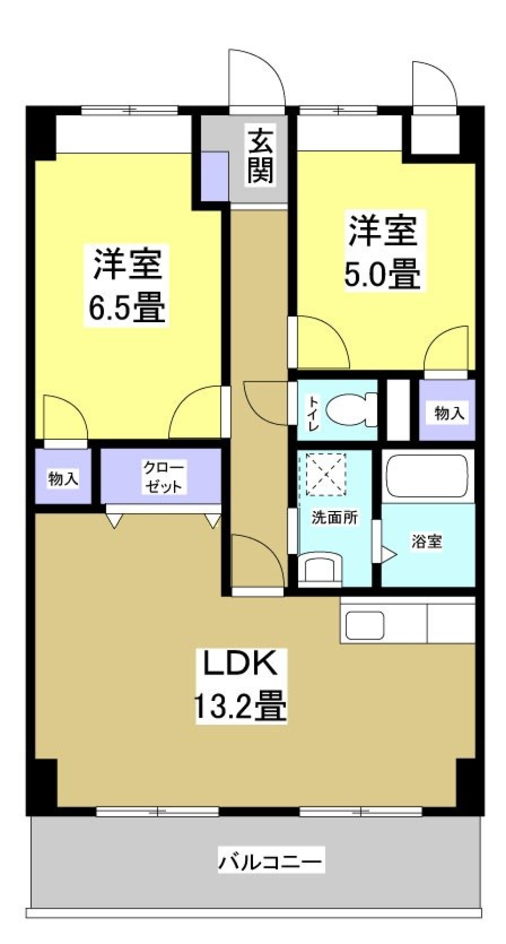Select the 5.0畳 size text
[383, 274]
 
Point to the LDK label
[240, 664]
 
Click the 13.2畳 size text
[240, 706]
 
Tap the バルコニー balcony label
[270, 862]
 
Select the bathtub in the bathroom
[427, 475]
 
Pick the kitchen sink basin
[364, 625]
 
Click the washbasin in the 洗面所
[319, 570]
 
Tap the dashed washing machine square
[323, 474]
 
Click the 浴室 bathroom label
[426, 541]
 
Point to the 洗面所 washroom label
[334, 517]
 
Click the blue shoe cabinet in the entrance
[215, 177]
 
